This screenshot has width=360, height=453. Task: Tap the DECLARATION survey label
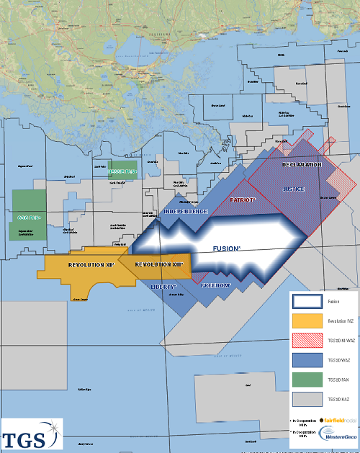click(x=302, y=166)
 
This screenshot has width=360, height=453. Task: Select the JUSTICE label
click(x=294, y=189)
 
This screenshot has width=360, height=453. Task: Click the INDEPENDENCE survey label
click(x=186, y=212)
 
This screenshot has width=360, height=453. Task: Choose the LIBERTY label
click(x=165, y=286)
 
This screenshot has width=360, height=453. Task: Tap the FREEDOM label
click(x=216, y=286)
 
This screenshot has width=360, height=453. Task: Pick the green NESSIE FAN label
click(x=122, y=172)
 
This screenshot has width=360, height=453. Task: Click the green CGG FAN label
click(x=27, y=217)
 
